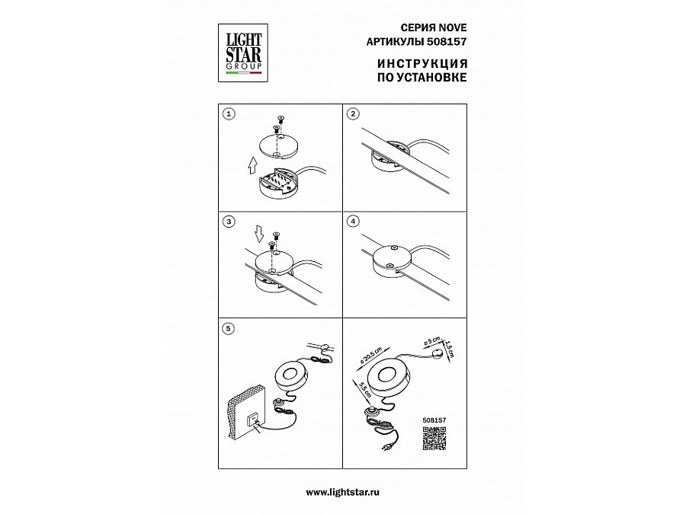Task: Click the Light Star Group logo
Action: [x=243, y=53]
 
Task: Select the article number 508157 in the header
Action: [x=450, y=42]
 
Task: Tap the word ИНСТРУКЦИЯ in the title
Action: [x=422, y=64]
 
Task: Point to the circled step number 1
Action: [x=229, y=114]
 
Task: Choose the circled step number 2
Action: [x=353, y=114]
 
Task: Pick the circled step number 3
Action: [x=229, y=222]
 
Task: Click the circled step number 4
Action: [x=353, y=222]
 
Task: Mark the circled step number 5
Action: [x=229, y=329]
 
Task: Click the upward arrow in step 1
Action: [x=252, y=166]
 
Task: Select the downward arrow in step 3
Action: [x=259, y=234]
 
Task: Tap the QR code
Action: [x=434, y=438]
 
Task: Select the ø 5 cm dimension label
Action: [x=431, y=342]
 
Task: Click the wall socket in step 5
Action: [x=254, y=420]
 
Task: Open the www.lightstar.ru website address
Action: [x=342, y=492]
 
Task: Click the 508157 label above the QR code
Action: [x=434, y=420]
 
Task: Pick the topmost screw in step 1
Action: [x=280, y=119]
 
